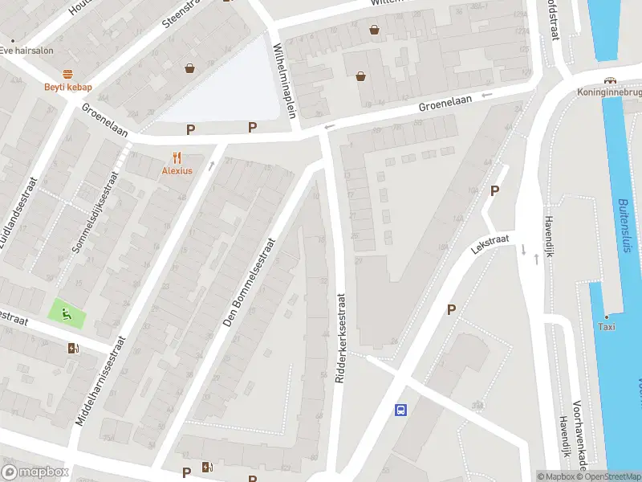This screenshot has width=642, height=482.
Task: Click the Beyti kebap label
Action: (x=67, y=87)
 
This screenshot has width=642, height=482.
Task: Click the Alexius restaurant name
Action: (x=177, y=170)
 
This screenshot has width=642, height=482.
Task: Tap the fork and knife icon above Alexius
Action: (x=177, y=157)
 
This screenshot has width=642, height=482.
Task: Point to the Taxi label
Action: (x=606, y=326)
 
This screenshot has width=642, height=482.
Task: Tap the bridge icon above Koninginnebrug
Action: (x=611, y=80)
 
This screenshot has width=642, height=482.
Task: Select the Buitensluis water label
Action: (x=624, y=226)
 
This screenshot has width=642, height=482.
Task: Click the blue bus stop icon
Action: (x=400, y=410)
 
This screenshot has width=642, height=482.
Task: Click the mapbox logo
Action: (x=35, y=472)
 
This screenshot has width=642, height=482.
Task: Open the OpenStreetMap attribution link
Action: (x=611, y=476)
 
